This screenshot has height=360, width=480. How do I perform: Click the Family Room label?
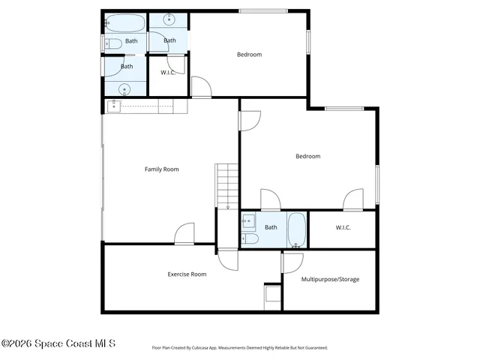161,169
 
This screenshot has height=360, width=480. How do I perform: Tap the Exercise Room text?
187,274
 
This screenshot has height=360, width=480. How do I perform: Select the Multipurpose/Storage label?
330,280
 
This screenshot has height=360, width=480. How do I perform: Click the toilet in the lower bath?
250,238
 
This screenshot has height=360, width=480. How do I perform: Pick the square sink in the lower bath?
248,222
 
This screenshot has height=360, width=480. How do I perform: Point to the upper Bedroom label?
249,54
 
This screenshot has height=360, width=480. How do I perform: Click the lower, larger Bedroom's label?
307,156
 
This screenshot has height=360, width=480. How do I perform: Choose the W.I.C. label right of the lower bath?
343,227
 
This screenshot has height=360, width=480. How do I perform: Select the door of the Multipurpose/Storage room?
292,263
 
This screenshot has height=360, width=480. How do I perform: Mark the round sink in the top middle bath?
169,19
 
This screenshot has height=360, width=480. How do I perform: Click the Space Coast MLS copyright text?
58,344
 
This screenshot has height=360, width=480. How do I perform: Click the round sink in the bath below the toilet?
124,88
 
